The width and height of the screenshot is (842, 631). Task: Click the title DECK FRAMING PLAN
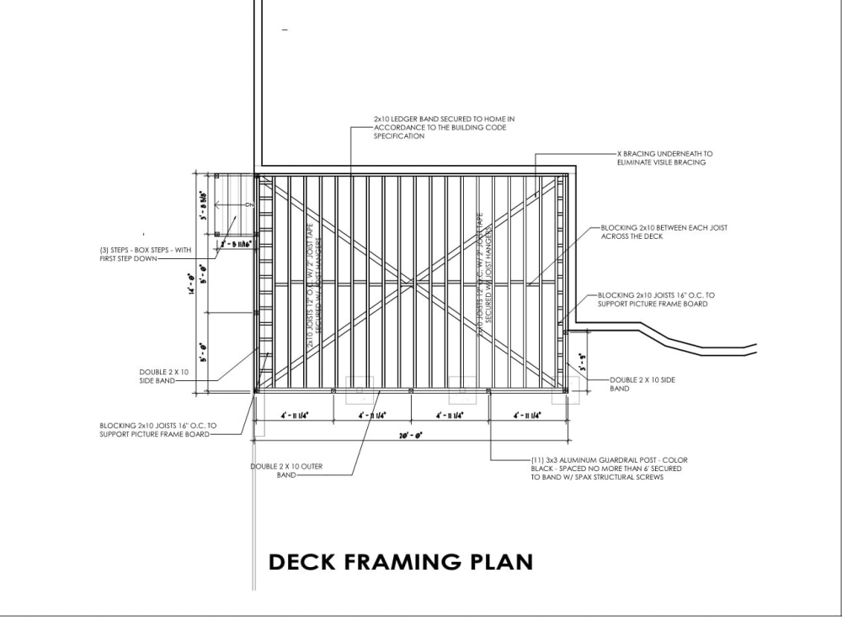(400, 561)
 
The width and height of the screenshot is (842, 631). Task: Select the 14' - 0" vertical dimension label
(193, 286)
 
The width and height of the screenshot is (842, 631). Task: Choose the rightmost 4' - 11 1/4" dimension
(525, 416)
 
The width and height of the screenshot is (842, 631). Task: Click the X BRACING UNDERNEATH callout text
(663, 158)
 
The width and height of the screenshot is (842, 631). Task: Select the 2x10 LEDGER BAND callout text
(444, 128)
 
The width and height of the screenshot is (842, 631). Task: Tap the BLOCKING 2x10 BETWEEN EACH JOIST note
(663, 232)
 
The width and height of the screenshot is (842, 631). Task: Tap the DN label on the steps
(249, 204)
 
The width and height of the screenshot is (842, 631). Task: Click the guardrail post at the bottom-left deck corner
(256, 390)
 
